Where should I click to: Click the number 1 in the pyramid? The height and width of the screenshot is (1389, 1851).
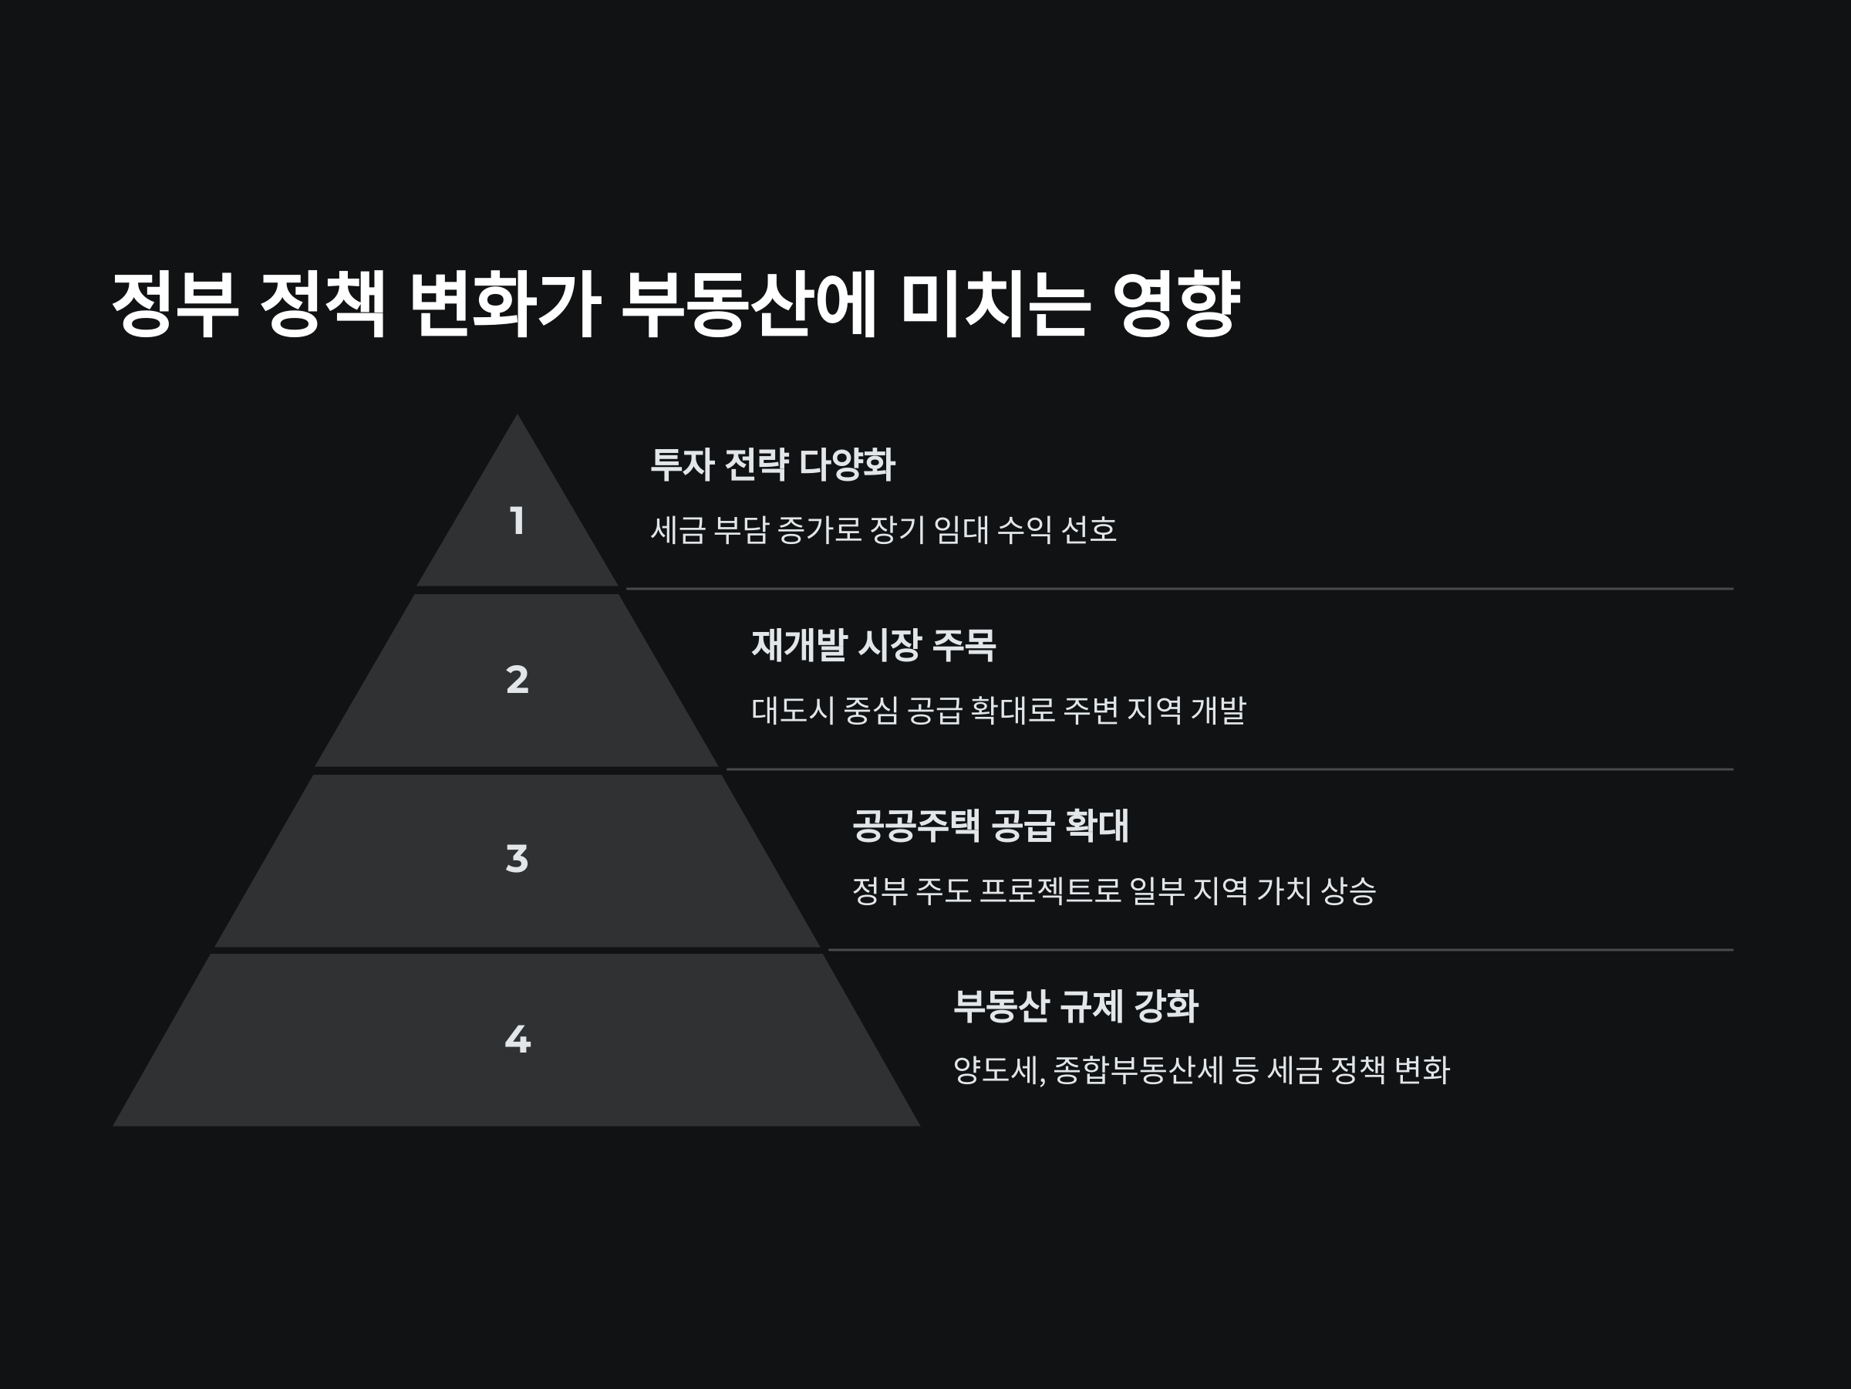(x=518, y=521)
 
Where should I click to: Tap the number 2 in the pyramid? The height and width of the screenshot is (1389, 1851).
(x=518, y=679)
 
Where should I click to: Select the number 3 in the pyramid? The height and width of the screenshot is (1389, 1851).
(x=518, y=859)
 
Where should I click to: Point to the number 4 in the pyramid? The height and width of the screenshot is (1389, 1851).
(x=518, y=1039)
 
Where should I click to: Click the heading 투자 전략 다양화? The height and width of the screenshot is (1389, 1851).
(x=772, y=464)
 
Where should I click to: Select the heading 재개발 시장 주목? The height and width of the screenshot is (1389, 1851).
(x=873, y=644)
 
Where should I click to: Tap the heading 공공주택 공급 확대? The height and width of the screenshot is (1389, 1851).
(x=990, y=826)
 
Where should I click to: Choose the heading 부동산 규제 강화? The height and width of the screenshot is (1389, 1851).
(x=1075, y=1005)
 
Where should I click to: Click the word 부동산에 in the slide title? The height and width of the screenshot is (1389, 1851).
(x=748, y=303)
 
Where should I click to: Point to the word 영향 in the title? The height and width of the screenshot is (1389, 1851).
(x=1175, y=303)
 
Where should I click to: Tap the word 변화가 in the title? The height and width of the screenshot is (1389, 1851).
(x=504, y=303)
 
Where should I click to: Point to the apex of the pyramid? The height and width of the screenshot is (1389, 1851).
(x=518, y=418)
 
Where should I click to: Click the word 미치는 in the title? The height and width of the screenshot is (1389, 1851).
(x=995, y=303)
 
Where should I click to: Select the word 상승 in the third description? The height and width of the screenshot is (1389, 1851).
(x=1348, y=891)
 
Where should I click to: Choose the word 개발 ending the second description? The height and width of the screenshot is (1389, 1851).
(x=1219, y=711)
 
